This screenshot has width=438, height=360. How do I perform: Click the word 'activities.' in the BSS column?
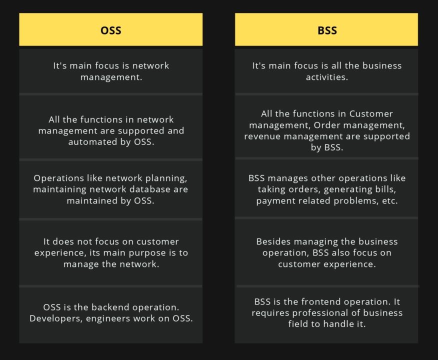tap(327, 77)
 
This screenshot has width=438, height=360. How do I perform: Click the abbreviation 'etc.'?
tap(389, 201)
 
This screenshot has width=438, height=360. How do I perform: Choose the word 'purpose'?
tap(144, 253)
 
